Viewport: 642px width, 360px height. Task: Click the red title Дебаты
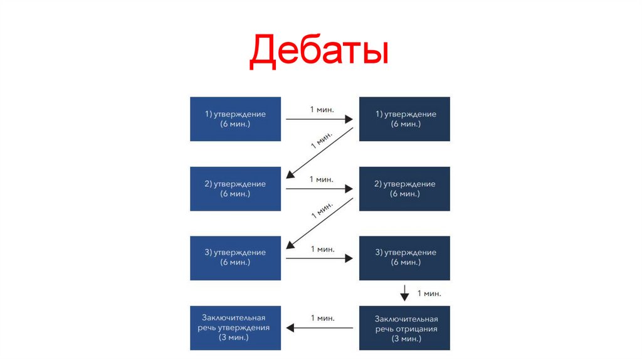click(x=318, y=53)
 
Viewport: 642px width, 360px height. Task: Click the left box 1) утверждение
click(x=235, y=119)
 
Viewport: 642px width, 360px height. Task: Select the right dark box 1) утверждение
click(x=404, y=119)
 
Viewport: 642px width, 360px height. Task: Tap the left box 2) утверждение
click(x=235, y=189)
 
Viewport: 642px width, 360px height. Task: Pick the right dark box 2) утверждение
click(x=404, y=189)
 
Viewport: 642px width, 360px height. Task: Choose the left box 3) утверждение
click(x=235, y=258)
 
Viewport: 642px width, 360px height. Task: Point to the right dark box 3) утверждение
click(x=404, y=258)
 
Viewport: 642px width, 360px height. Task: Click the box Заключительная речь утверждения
click(x=235, y=327)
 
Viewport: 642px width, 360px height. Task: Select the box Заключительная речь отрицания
click(x=404, y=327)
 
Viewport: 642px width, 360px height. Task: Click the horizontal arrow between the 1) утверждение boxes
click(x=320, y=118)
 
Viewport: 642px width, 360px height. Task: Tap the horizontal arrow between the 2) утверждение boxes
click(x=320, y=188)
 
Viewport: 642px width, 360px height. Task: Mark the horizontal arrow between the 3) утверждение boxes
click(x=320, y=257)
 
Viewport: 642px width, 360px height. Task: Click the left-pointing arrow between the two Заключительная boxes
click(x=320, y=327)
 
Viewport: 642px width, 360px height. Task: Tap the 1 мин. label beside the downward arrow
click(x=429, y=293)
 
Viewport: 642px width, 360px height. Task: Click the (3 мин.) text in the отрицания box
click(x=404, y=339)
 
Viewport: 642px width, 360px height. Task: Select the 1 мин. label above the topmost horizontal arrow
click(x=322, y=109)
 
